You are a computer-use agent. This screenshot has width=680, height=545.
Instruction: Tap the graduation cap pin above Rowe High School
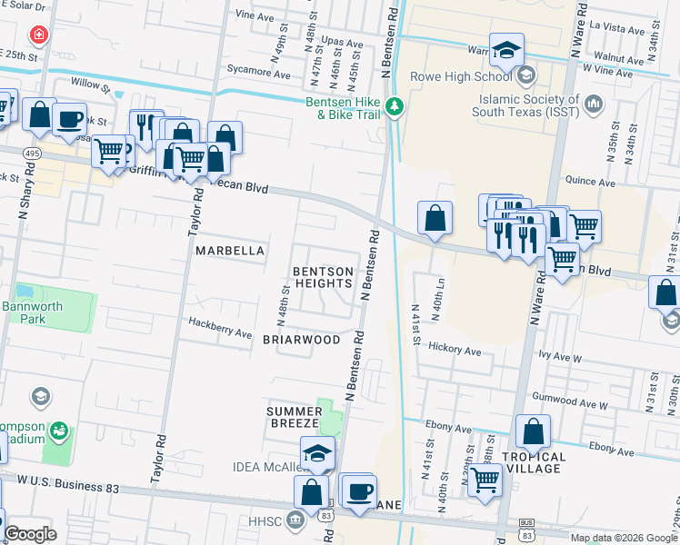(x=506, y=51)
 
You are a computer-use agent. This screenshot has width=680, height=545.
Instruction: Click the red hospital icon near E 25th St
(x=39, y=35)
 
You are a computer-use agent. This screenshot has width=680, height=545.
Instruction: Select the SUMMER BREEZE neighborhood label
(x=292, y=417)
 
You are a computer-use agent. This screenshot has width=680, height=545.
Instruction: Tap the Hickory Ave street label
(x=454, y=350)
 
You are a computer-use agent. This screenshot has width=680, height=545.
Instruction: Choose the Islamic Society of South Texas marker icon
(x=595, y=104)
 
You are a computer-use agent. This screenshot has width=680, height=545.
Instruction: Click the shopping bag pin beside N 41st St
(x=435, y=219)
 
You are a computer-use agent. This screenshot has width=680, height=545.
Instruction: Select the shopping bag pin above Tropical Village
(x=533, y=432)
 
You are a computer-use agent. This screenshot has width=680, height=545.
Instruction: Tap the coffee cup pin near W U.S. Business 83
(x=358, y=491)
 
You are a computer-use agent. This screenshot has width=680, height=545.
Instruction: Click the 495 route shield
(x=31, y=152)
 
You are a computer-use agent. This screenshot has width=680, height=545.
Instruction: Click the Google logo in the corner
(x=30, y=534)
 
